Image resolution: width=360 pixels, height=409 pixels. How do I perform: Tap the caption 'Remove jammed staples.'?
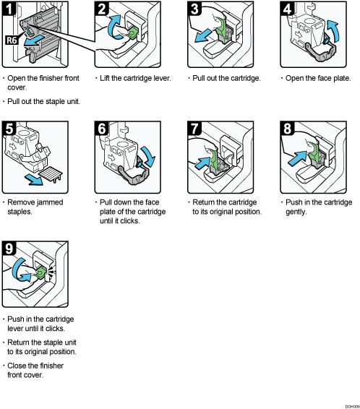(x=35, y=207)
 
